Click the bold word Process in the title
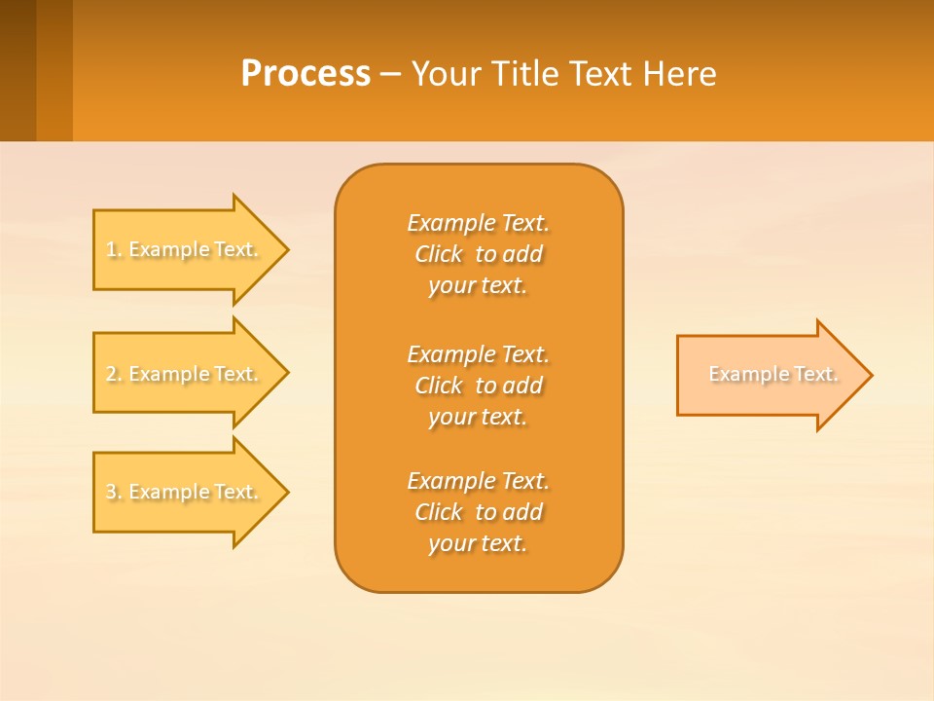(x=305, y=74)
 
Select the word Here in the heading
(x=680, y=74)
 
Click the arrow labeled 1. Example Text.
(x=191, y=250)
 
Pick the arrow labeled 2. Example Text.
(x=191, y=373)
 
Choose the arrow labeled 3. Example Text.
(x=191, y=493)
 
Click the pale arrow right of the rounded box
(x=774, y=375)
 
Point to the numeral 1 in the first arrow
(x=111, y=249)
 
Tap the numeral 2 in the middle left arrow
(x=112, y=374)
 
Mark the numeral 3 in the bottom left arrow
(x=112, y=492)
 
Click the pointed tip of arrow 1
(x=289, y=250)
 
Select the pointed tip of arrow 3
(x=289, y=493)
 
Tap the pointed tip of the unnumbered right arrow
(x=873, y=375)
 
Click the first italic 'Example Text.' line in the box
(x=479, y=223)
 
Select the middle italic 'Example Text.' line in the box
(x=479, y=354)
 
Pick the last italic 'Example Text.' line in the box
(x=479, y=481)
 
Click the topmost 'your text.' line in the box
(x=478, y=286)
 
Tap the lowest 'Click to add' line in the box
(x=479, y=512)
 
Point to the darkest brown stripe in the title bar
(x=18, y=70)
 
